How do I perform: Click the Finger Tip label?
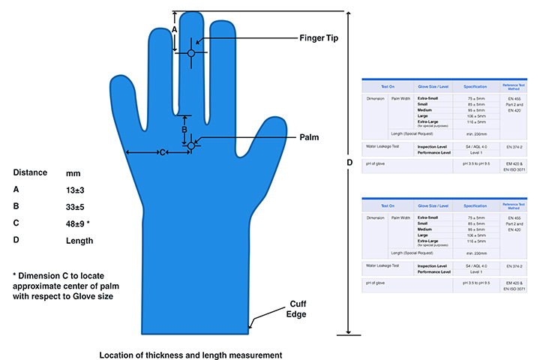click(x=322, y=38)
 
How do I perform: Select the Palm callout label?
click(x=310, y=138)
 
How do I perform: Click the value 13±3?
click(x=76, y=190)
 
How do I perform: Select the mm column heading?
click(x=73, y=172)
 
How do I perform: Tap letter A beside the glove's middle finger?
click(x=175, y=28)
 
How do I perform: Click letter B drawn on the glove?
click(x=184, y=129)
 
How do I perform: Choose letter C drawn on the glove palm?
click(x=161, y=153)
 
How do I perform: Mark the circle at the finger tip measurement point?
click(x=191, y=53)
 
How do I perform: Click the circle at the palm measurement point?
click(x=191, y=145)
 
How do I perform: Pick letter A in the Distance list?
click(x=16, y=190)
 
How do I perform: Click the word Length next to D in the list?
click(x=79, y=241)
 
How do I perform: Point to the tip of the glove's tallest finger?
click(x=191, y=13)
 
